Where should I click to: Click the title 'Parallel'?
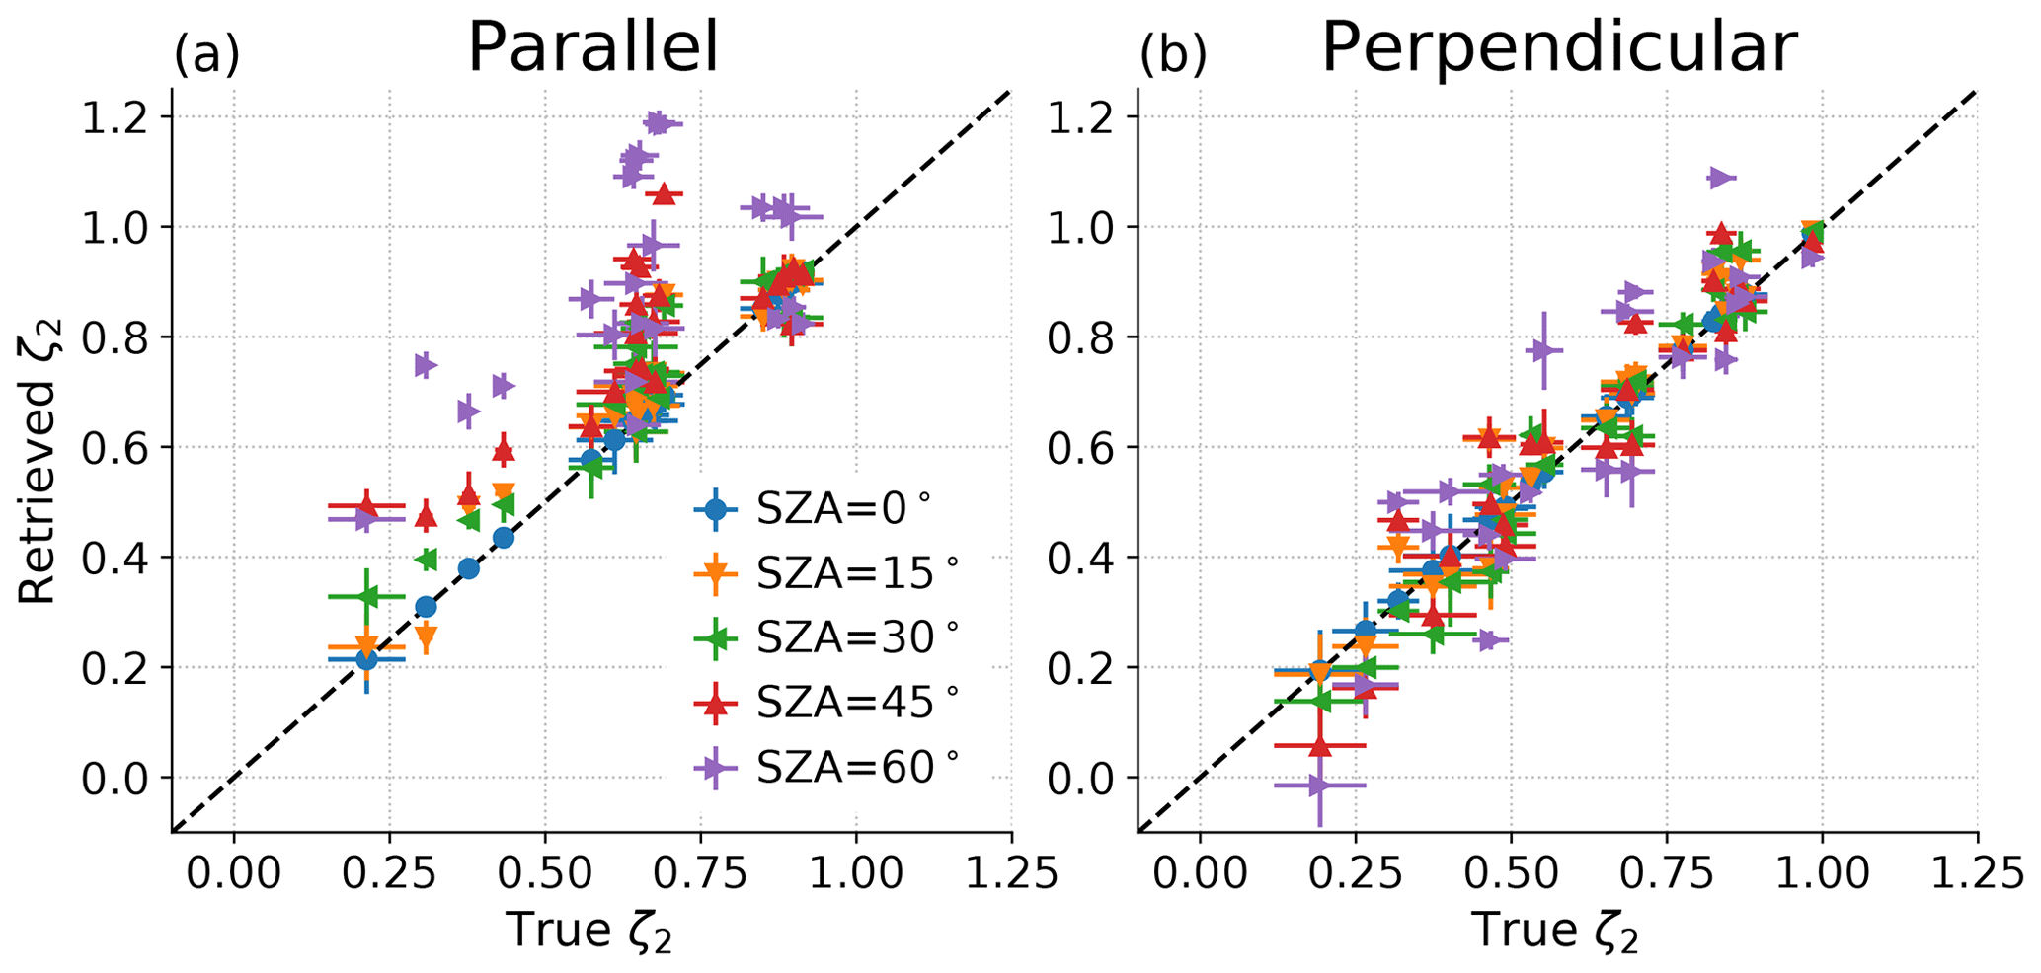(592, 46)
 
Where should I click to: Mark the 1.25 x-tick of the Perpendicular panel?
(1976, 873)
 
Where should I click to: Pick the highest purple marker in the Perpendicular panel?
(1720, 178)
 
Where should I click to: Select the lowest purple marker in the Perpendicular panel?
(1317, 786)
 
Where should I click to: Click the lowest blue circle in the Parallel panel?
(366, 659)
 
